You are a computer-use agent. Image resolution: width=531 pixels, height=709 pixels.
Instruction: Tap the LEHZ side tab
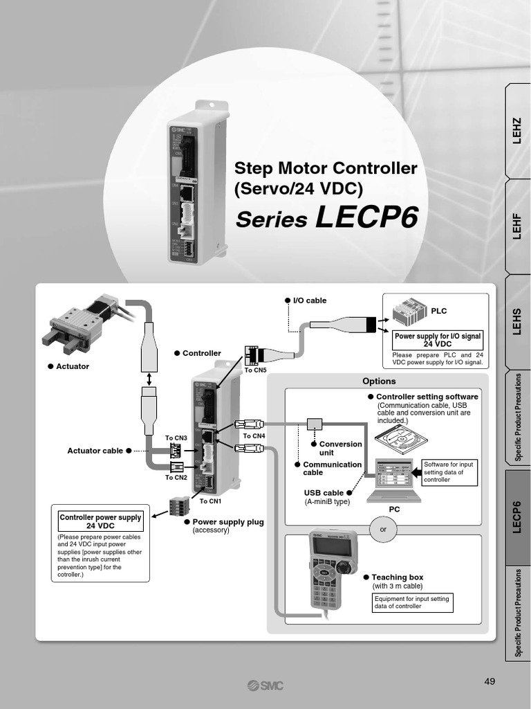[x=517, y=131]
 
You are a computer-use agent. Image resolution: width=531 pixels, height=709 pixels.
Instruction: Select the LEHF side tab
[x=517, y=226]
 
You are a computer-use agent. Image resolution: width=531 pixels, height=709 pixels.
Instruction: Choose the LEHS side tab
[x=517, y=322]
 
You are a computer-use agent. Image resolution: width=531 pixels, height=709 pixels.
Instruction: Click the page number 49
[x=490, y=681]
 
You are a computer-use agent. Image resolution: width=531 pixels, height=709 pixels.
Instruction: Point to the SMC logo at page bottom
[x=265, y=685]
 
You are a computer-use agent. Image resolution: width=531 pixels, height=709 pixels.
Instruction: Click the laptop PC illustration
[x=395, y=480]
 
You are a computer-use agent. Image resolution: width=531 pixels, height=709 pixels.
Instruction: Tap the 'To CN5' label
[x=255, y=370]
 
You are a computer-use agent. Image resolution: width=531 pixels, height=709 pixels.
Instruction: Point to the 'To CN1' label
[x=210, y=501]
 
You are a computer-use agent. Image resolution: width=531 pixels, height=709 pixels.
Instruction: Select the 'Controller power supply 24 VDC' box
[x=100, y=521]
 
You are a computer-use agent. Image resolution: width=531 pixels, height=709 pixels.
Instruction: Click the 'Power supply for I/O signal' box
[x=437, y=339]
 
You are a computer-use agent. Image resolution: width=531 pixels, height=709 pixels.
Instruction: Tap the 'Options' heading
[x=379, y=381]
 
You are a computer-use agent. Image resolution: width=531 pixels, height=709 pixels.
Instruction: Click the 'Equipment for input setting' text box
[x=412, y=602]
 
